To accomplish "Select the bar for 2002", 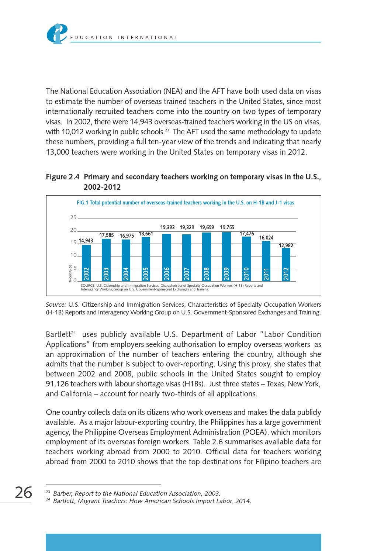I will point(86,263).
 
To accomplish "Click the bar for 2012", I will point(286,264).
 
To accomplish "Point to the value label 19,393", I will point(167,228).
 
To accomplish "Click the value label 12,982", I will point(286,245).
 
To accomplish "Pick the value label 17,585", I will point(107,235).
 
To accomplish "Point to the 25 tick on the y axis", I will point(73,217).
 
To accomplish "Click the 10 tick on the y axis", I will point(73,255).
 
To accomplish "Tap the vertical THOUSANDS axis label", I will point(70,273).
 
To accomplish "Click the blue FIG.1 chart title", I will point(185,203).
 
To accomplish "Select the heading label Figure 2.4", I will point(62,177).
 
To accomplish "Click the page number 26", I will point(23,492).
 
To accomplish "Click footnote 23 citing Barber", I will point(136,493).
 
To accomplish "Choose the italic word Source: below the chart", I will point(56,305).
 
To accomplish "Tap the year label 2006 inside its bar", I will point(167,273).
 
